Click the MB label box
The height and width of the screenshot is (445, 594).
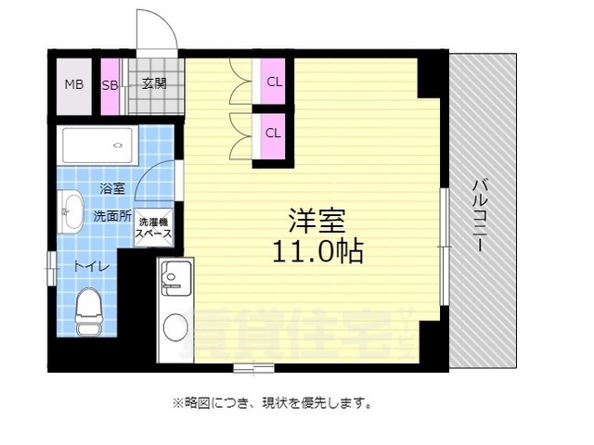pos(74,84)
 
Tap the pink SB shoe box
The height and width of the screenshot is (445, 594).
pos(110,84)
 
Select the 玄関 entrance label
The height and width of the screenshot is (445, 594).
pos(154,84)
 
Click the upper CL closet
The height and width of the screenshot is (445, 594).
pos(274,81)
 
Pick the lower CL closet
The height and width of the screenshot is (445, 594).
pos(274,132)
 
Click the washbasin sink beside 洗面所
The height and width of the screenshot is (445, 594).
pos(71,211)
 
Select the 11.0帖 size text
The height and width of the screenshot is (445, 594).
pos(316,250)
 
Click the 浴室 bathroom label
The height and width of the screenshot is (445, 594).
pos(112,188)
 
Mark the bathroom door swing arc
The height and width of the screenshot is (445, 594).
pos(154,181)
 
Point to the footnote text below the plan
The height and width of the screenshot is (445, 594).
pos(272,403)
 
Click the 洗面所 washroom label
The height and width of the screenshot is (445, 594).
pos(112,215)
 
